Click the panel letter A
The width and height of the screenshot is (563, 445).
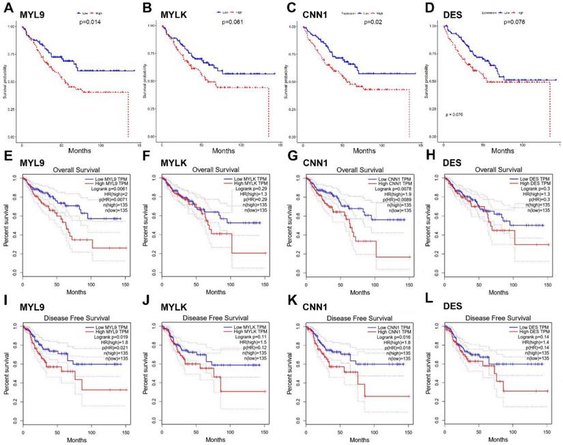point(7,8)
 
